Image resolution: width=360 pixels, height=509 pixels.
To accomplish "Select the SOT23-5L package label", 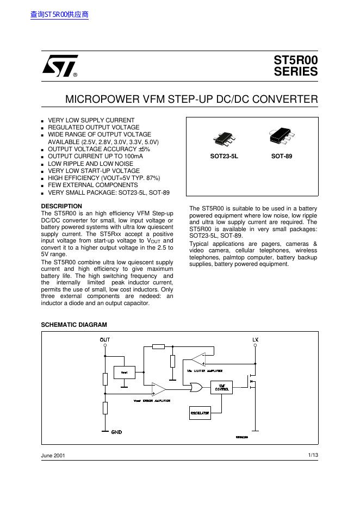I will [x=224, y=156].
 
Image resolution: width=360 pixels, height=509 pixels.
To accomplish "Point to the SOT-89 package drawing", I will [x=282, y=138].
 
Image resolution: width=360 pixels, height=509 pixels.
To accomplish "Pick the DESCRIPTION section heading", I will [x=61, y=206].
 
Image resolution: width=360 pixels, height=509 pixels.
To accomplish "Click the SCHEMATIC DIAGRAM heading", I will [x=74, y=325].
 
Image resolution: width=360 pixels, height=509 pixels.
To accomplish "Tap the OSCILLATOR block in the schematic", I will [x=200, y=413].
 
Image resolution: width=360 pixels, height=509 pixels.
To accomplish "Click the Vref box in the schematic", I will [x=124, y=372].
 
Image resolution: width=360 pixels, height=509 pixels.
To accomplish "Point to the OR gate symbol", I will [x=195, y=388].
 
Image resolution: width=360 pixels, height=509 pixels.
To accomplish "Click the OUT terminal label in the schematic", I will [x=104, y=340].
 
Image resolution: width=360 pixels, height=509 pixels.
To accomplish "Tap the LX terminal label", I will [x=256, y=340].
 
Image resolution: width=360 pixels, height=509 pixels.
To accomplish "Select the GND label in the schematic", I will [x=116, y=432].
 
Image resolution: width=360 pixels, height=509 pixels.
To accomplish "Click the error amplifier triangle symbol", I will [x=158, y=389].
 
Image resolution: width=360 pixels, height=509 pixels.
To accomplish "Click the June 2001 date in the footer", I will [x=53, y=455].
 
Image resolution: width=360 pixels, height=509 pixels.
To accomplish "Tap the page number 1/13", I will [x=312, y=455].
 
